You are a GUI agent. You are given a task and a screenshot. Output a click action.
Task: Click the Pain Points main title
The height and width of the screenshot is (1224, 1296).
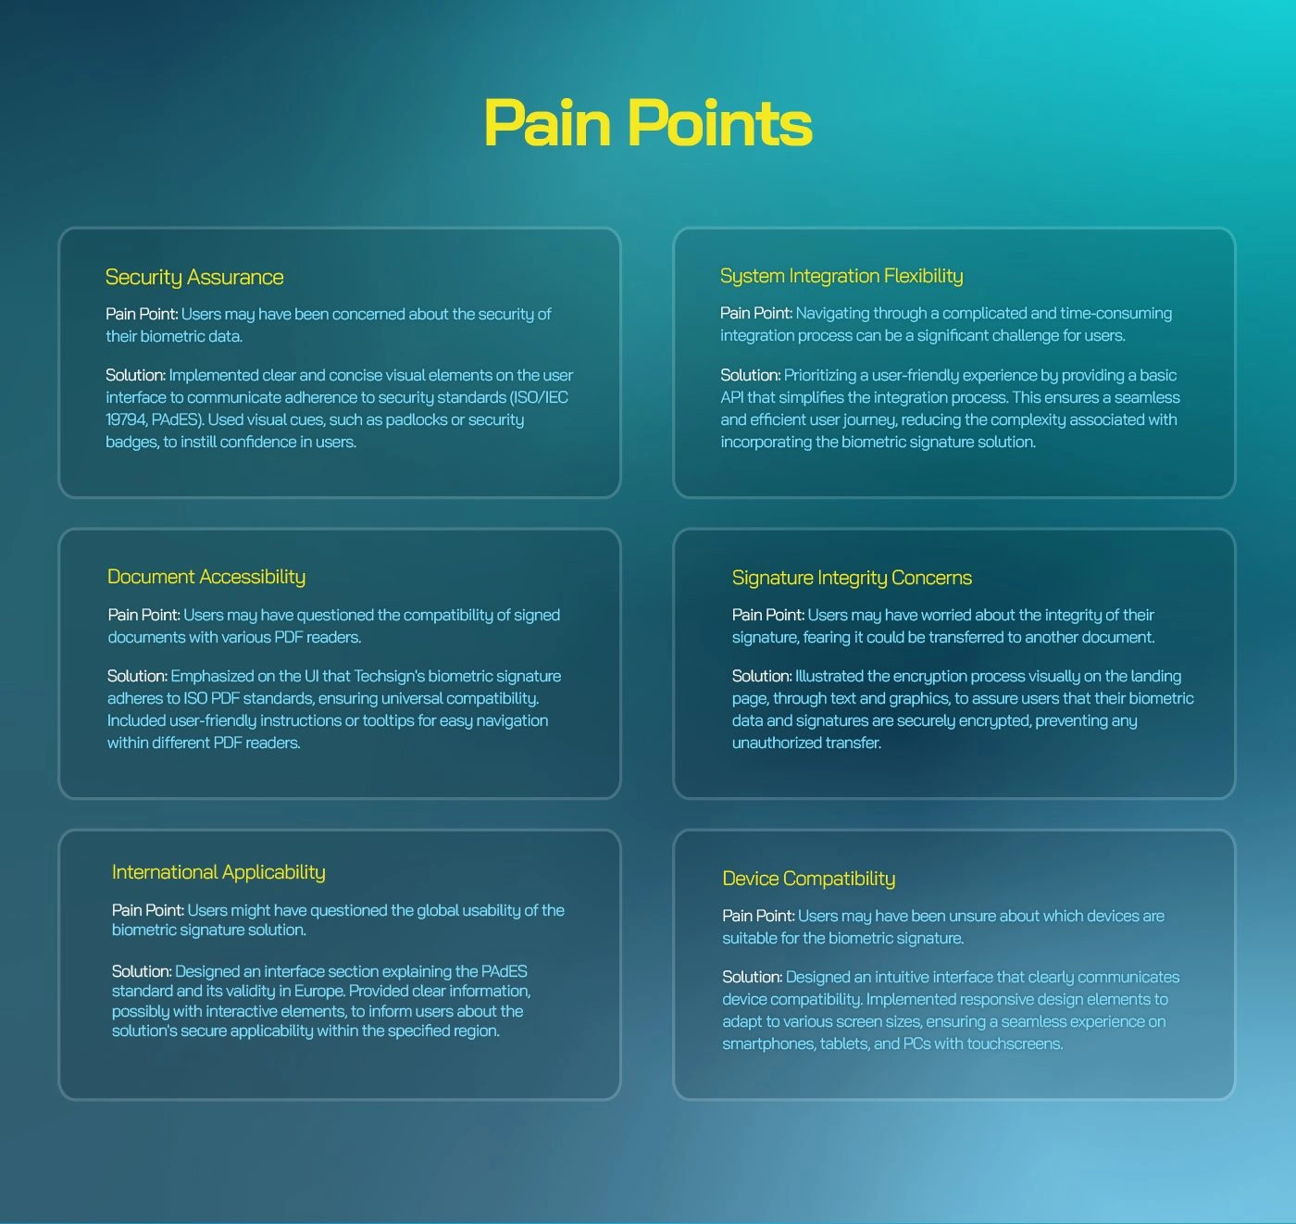(648, 123)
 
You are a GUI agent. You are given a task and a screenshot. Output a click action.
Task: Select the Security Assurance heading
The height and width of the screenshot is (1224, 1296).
(194, 278)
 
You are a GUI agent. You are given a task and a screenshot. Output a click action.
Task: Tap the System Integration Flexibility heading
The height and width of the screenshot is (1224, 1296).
(841, 276)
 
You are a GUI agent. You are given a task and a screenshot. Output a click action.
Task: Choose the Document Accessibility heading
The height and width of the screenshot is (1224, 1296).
(206, 577)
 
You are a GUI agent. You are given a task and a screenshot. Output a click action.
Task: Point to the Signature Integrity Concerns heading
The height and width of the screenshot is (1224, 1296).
(852, 578)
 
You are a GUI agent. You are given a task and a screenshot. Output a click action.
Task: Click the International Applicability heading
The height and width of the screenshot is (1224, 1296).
(218, 873)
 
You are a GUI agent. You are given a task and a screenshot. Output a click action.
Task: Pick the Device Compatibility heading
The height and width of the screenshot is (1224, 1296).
(808, 879)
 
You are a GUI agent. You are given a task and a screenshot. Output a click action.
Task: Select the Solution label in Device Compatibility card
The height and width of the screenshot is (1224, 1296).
(753, 977)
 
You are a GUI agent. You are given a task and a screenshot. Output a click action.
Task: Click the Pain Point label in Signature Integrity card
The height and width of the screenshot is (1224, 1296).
(768, 615)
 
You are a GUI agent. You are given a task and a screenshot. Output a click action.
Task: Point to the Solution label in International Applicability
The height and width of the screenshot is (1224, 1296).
(142, 971)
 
